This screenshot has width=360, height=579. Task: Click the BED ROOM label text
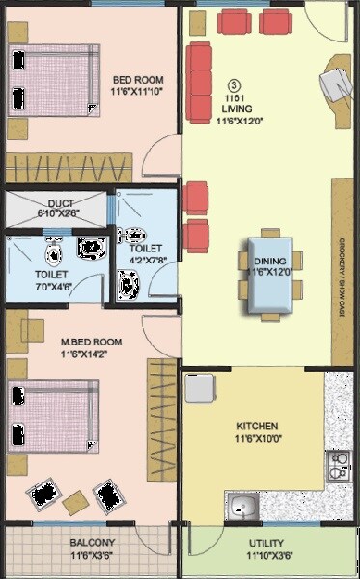(x=138, y=79)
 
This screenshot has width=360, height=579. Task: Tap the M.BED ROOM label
(x=91, y=342)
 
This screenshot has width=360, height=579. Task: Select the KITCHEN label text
(x=258, y=426)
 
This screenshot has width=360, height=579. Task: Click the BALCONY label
(x=93, y=543)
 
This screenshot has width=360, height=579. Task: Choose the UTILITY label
(x=265, y=543)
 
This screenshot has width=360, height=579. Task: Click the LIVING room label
(x=235, y=108)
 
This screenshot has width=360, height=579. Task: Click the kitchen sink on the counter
(x=241, y=504)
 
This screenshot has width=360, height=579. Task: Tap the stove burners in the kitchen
(x=338, y=466)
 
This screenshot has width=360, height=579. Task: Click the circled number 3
(x=234, y=84)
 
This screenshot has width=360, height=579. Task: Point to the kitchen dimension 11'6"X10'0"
(x=258, y=439)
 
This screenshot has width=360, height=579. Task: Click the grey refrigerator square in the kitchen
(x=199, y=388)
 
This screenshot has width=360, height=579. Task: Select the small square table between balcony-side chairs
(x=74, y=503)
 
